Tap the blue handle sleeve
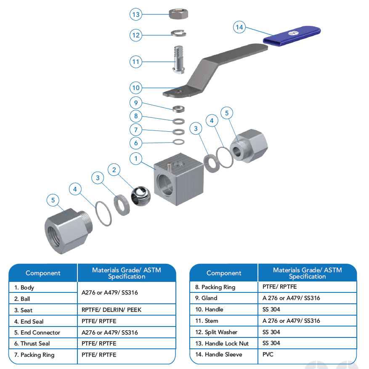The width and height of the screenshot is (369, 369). [292, 36]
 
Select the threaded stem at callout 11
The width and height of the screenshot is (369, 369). [179, 60]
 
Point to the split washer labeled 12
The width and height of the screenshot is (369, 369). [179, 33]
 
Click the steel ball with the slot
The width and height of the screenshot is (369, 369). [141, 196]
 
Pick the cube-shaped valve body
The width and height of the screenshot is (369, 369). [179, 179]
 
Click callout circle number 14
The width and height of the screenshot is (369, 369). [239, 27]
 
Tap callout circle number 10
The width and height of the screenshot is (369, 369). [136, 88]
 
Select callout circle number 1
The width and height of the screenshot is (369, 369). [136, 158]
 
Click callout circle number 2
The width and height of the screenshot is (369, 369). [114, 170]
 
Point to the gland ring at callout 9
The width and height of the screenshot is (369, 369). [179, 109]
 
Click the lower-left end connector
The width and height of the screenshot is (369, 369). [69, 231]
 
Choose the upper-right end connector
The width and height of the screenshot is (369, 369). [249, 146]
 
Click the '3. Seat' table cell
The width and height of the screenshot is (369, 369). [43, 310]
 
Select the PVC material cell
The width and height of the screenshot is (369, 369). [307, 354]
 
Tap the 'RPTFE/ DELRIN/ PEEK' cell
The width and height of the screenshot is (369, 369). [127, 310]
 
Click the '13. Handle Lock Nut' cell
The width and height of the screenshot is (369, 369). [224, 343]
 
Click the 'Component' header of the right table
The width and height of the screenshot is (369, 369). [224, 273]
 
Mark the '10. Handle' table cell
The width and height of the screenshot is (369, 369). [224, 309]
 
